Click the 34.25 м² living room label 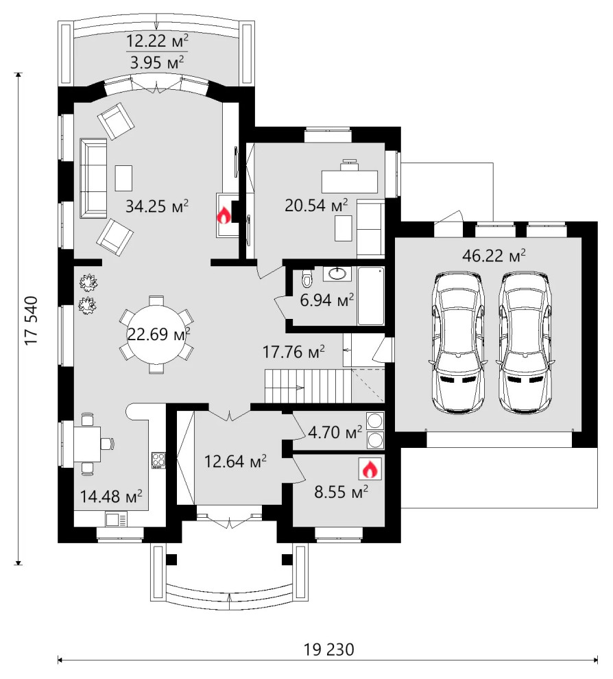(x=157, y=206)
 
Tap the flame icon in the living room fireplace (x=224, y=215)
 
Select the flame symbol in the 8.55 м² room (x=370, y=469)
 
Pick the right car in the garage (x=525, y=342)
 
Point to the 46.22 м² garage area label (x=494, y=255)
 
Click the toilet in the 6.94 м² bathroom (x=307, y=279)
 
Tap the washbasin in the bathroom (x=337, y=274)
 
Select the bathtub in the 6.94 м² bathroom (x=370, y=296)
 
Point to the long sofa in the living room (x=93, y=178)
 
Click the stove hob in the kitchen (x=158, y=460)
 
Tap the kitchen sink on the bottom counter (x=116, y=519)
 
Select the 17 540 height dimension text (x=32, y=320)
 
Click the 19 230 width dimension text (x=328, y=650)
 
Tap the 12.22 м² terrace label (x=157, y=41)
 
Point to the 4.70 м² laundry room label (x=335, y=431)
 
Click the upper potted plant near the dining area (x=88, y=282)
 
